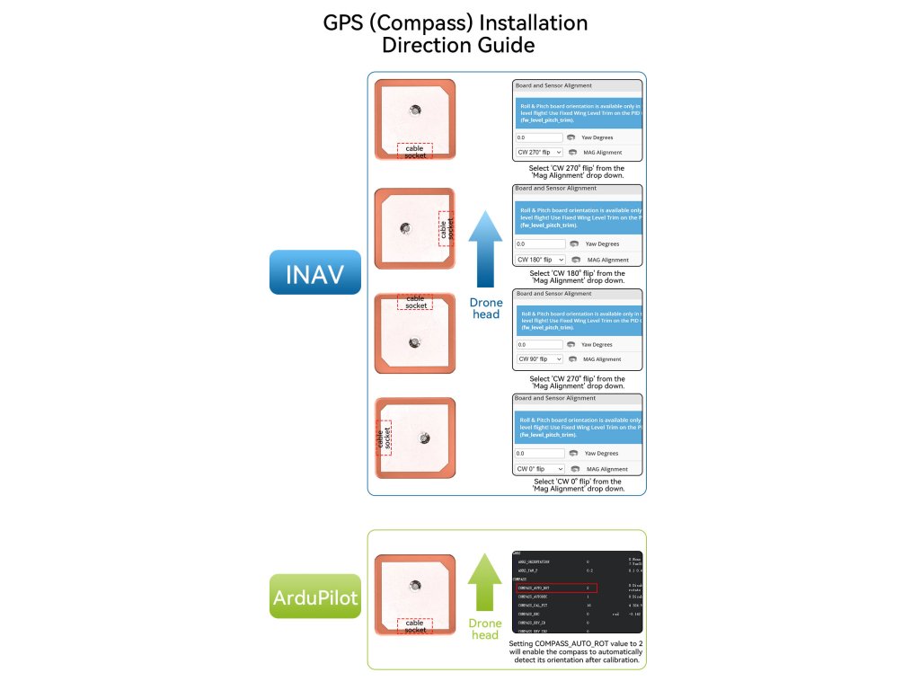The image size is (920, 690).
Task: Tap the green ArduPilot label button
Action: pos(315,596)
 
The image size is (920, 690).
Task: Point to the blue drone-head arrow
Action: pos(485,250)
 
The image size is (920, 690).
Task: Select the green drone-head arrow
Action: pos(485,584)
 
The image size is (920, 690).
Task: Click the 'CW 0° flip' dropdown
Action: pos(540,469)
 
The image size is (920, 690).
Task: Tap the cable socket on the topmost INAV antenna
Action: pos(415,151)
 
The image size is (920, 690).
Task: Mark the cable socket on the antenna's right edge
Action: pos(447,228)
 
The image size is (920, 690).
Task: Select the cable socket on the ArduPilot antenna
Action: pos(415,625)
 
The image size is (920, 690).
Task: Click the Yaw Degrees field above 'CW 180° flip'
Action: pos(541,243)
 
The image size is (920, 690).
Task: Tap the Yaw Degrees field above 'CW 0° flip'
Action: pos(540,454)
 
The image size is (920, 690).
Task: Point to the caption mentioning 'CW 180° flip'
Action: pos(577,277)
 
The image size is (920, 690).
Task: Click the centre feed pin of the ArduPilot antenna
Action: pos(415,585)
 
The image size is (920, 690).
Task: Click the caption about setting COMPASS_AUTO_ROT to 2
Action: pos(576,651)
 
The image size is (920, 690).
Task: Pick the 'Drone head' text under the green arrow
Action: pos(485,629)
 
